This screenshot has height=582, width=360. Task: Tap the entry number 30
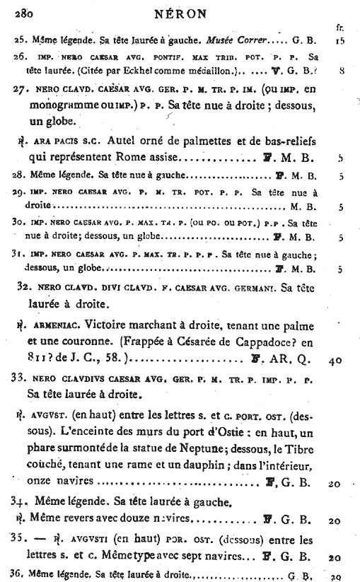tap(20, 223)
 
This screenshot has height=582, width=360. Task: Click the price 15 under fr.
tap(340, 42)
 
